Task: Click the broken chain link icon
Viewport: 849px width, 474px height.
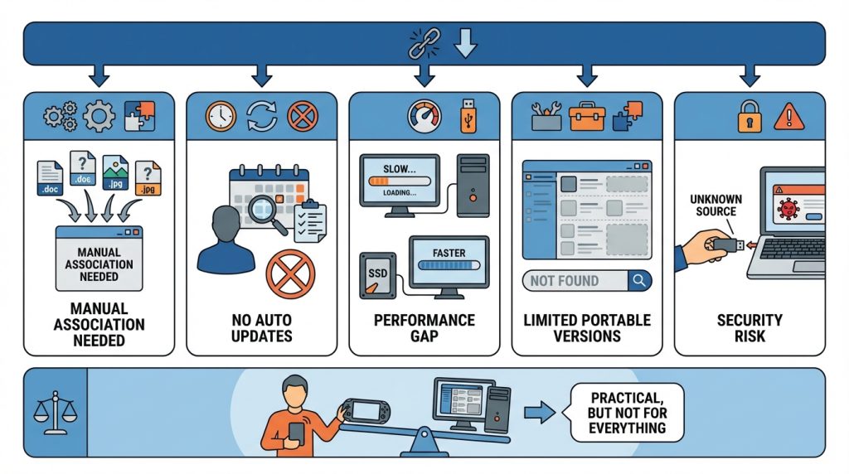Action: pos(424,43)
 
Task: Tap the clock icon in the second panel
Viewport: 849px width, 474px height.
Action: pos(221,116)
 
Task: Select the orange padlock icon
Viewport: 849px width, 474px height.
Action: pos(750,116)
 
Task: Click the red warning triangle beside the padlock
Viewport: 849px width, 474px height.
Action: pos(789,117)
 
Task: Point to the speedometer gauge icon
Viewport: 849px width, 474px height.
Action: pos(424,116)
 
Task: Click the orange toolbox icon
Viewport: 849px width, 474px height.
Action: pos(586,117)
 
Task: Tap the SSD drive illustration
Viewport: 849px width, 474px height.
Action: pos(377,275)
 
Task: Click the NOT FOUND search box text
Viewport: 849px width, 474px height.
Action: pos(564,281)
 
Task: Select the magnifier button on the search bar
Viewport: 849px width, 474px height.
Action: pos(639,281)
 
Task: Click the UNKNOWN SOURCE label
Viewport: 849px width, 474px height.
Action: pos(716,205)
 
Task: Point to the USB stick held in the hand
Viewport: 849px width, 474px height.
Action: pos(728,245)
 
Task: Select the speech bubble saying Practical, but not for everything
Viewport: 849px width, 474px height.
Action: pos(627,413)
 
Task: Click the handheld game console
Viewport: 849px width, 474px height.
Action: pos(365,412)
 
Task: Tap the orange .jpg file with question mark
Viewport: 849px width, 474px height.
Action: pos(148,178)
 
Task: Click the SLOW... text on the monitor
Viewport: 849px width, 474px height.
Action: pos(400,169)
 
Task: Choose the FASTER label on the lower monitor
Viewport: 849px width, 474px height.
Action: pos(449,253)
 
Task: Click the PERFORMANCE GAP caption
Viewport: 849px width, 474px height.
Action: pos(424,328)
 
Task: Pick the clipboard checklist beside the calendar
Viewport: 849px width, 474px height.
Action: pos(310,221)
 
